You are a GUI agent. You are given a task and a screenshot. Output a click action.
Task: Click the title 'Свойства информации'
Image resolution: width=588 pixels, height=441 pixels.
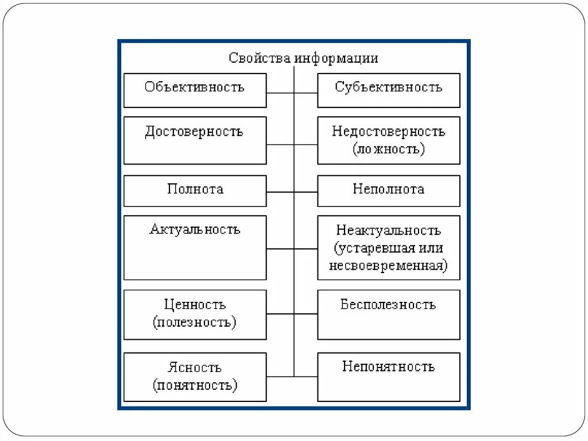click(x=303, y=58)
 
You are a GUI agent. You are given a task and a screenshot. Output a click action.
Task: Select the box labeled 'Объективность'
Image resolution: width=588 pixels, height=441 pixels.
click(x=195, y=90)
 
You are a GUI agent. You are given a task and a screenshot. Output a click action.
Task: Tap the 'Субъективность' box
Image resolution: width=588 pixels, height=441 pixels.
click(x=388, y=90)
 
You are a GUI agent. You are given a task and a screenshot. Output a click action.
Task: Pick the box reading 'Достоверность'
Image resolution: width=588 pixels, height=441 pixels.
click(x=195, y=140)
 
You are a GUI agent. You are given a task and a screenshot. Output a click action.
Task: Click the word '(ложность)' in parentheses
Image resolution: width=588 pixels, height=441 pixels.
click(x=388, y=149)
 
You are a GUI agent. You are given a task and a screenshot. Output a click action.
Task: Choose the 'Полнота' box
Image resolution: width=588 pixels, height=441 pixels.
click(x=195, y=190)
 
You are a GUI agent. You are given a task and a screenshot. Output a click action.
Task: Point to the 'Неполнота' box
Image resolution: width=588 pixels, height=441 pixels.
click(x=388, y=190)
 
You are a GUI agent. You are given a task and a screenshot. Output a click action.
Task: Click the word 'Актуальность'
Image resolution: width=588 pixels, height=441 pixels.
click(x=195, y=229)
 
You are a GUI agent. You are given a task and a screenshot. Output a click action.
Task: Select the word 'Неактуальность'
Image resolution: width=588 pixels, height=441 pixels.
click(x=388, y=231)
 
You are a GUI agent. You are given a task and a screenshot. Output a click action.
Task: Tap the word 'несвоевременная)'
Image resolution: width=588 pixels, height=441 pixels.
click(x=388, y=266)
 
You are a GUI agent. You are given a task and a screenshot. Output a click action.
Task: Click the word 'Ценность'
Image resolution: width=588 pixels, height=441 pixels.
click(x=195, y=305)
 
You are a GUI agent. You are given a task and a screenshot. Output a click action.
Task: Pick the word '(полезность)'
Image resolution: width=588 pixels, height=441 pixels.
click(x=195, y=322)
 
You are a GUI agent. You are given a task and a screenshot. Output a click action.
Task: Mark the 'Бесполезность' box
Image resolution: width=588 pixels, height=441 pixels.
click(x=388, y=314)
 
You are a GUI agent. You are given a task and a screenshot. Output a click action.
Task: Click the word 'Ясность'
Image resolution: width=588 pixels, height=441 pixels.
click(x=195, y=367)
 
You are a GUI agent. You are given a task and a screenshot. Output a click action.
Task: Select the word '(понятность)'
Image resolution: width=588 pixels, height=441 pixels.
click(x=195, y=385)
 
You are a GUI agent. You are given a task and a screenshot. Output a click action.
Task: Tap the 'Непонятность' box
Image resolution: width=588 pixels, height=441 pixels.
click(x=388, y=377)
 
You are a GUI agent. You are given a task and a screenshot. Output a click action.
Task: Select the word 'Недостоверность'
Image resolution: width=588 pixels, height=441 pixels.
click(x=388, y=131)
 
